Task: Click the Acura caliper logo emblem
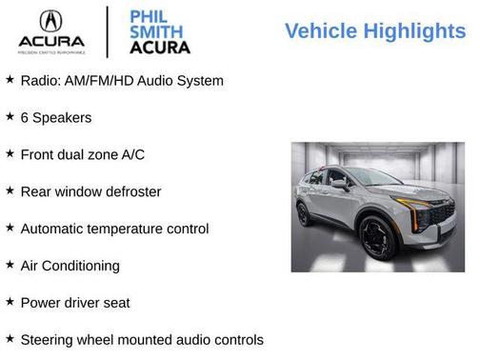coord(51,22)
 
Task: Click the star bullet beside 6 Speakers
coord(10,116)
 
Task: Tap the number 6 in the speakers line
coord(25,117)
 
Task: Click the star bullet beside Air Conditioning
coord(10,265)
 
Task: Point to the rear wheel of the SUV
coord(304,214)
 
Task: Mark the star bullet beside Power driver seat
coord(10,302)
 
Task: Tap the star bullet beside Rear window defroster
coord(10,190)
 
